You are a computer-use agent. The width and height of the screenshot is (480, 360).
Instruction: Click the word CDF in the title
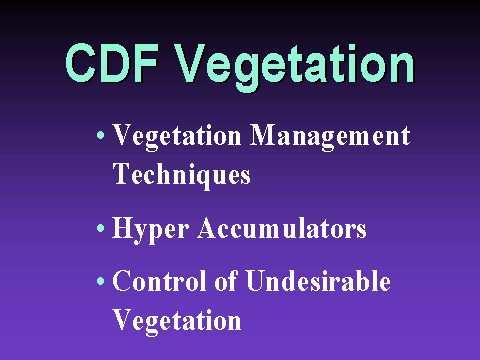coord(111,63)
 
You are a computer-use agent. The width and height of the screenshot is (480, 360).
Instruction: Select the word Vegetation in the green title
coord(294,67)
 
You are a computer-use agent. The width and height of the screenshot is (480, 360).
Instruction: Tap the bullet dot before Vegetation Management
coord(100,135)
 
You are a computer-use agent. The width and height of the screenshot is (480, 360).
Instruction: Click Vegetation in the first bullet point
coord(177,137)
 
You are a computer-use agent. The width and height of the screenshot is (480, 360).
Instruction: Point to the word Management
coord(330,137)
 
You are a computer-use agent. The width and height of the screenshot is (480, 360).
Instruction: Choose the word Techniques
coord(181,176)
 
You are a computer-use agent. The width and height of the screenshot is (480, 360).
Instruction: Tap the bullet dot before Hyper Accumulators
coord(100,228)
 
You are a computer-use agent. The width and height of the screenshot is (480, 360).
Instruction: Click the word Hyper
coord(150,230)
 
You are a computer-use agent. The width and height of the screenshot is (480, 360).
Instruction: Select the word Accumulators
coord(282,228)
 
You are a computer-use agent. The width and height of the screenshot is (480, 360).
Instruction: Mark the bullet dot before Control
coord(100,281)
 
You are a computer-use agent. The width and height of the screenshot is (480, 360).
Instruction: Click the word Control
coord(159,281)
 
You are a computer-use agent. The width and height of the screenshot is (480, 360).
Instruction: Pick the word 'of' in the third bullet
coord(226,281)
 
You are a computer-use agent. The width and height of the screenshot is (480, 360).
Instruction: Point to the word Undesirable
coord(318,281)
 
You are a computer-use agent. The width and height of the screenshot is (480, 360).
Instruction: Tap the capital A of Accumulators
coord(208,227)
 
